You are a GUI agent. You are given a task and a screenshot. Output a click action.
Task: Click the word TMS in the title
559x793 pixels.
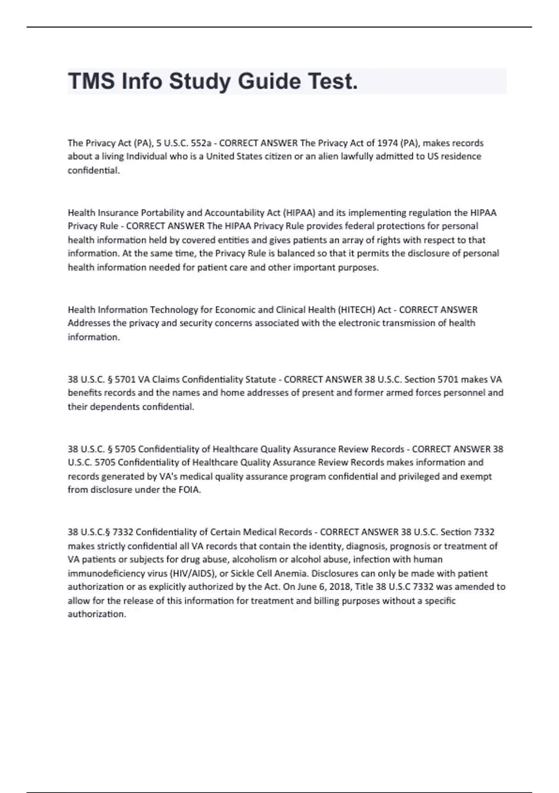click(92, 81)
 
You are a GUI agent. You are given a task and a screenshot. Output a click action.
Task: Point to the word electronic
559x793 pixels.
click(358, 323)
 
